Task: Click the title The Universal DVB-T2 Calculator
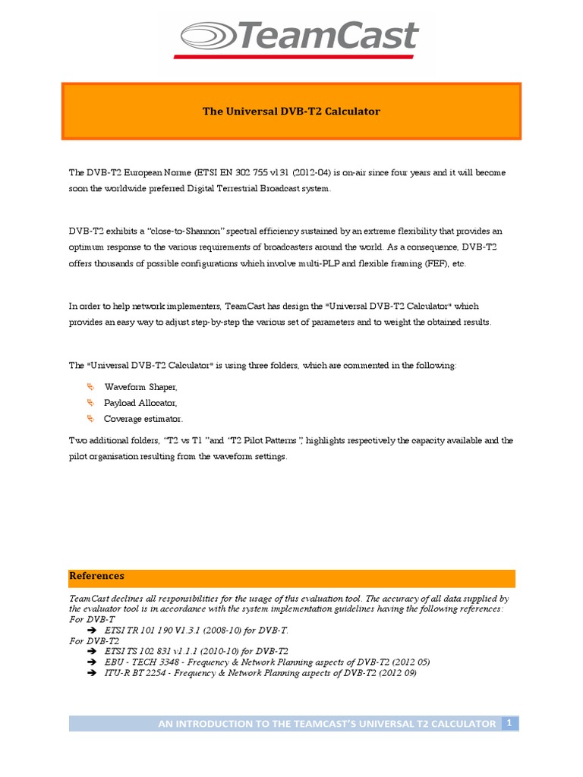[x=291, y=112]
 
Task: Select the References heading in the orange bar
[x=96, y=577]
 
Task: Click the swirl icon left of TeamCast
[x=206, y=36]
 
